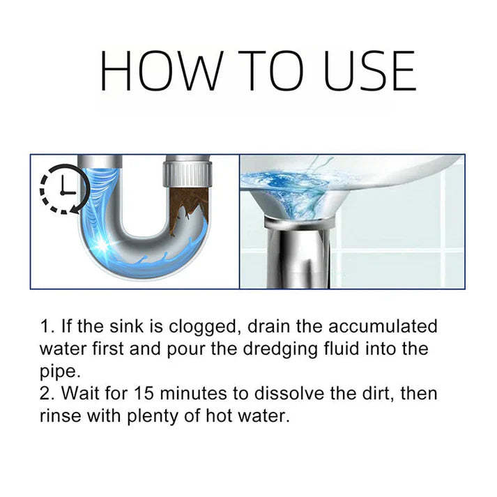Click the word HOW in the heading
coord(162,72)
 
